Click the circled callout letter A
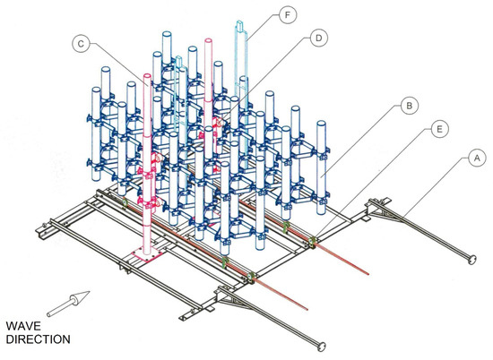coord(477,159)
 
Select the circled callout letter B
coord(409,106)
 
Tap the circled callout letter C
coord(81,44)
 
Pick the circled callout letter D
coord(319,38)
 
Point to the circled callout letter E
coord(439,129)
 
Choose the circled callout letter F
coord(288,14)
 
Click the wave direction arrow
coord(68,304)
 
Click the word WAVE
coord(23,326)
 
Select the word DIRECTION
coord(38,339)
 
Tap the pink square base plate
coord(147,253)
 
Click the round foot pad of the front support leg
coord(321,347)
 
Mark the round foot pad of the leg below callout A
coord(471,260)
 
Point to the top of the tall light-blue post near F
coord(241,24)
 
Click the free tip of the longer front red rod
coord(307,310)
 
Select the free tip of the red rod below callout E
coord(368,274)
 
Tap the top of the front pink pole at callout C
coord(147,76)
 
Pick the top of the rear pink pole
coord(208,41)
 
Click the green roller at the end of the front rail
coord(251,277)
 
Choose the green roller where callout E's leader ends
coord(312,241)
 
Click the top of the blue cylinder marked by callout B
coord(321,123)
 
